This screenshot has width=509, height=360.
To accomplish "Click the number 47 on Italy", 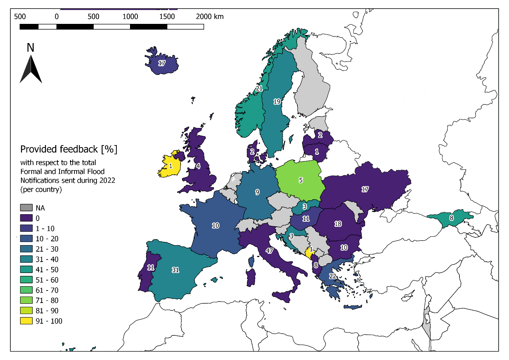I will [269, 251].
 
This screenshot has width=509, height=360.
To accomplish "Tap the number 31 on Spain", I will [175, 270].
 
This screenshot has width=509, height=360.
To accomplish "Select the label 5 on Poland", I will [301, 180].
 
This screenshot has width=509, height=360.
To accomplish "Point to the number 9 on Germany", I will [257, 192].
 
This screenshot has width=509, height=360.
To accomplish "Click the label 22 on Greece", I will [332, 276].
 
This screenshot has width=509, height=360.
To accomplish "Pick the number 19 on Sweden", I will [277, 102].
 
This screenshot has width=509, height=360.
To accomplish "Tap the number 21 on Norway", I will [259, 88].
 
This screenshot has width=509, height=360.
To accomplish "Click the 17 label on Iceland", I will [162, 63].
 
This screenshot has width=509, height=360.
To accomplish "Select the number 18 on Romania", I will [338, 224].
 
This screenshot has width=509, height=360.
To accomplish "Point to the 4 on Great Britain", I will [198, 166].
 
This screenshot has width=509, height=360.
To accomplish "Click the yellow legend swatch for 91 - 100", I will [26, 321].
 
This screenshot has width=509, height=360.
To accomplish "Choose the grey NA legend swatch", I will [26, 208].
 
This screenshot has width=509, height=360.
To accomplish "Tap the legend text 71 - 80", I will [47, 300].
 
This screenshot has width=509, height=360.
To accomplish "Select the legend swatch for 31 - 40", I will [26, 259].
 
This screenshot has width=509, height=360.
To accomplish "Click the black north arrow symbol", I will [31, 70].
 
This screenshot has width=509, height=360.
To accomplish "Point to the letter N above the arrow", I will [31, 48].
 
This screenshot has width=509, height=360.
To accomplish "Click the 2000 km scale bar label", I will [209, 16].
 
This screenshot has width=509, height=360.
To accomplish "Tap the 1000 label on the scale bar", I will [130, 16].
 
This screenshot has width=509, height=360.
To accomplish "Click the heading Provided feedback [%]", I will [69, 149].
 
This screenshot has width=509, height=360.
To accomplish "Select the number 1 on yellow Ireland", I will [171, 166].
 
